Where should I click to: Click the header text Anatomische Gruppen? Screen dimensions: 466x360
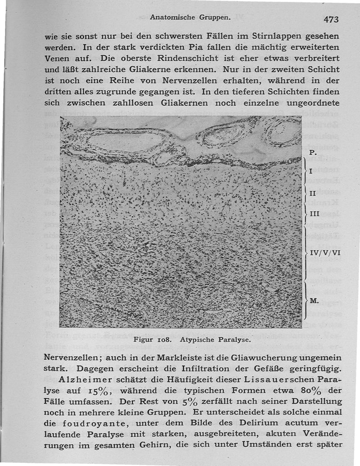(190, 18)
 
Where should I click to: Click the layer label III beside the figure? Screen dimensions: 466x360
(315, 214)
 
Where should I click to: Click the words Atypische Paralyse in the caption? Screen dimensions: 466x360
(215, 340)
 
